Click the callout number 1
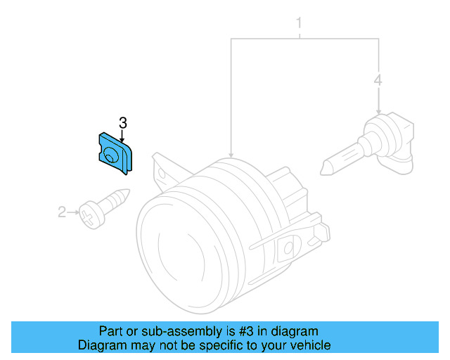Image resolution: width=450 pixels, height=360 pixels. tap(299, 25)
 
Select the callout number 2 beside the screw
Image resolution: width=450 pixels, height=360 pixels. tap(61, 211)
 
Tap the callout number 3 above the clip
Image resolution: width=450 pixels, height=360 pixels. tap(122, 123)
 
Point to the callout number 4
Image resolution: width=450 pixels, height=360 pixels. tap(378, 82)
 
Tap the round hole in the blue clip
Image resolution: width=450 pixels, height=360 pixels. tap(110, 155)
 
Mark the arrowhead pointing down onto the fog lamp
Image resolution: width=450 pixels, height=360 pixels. tap(231, 153)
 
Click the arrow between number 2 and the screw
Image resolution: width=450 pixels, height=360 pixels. tap(72, 210)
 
